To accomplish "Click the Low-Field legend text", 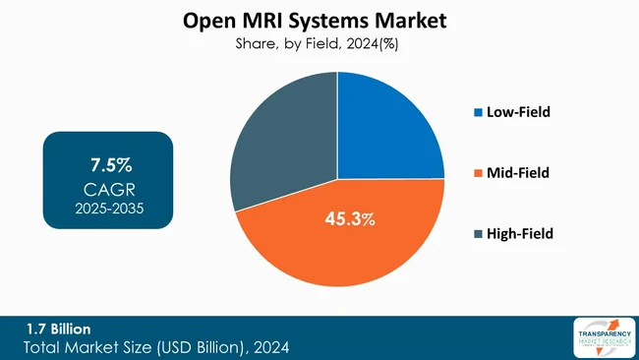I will point(518,112).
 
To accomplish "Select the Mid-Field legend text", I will point(517,173).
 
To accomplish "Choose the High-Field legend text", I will point(519,234).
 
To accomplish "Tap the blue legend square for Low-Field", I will point(478,112).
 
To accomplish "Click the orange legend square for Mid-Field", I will point(478,173).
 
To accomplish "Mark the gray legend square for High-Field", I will point(478,234).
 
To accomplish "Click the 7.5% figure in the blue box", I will point(107,159).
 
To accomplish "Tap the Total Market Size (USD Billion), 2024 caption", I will point(157,347).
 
